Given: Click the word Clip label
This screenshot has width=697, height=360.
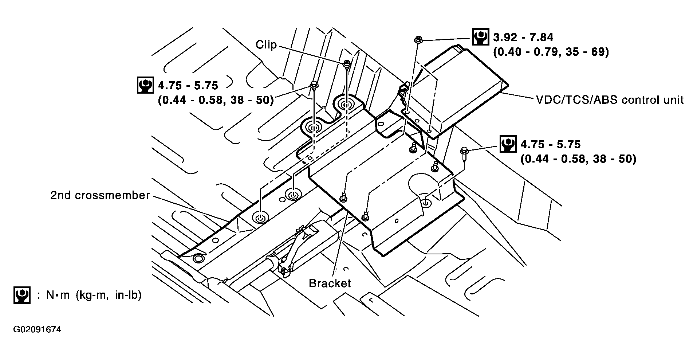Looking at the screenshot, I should coord(266,45).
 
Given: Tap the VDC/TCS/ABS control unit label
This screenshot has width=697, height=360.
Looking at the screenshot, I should coord(610,100).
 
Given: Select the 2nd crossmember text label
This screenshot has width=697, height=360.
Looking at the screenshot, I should coord(100,196).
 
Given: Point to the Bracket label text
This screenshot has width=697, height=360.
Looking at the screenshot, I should coord(330,283).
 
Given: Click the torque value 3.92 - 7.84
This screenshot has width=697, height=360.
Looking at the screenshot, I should coord(523,38).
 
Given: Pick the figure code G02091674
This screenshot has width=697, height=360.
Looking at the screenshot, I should coord(37,330).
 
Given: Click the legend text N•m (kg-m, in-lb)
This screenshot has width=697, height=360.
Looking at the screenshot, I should coord(94,295).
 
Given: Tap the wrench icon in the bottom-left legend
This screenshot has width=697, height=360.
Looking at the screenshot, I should coord(22,295).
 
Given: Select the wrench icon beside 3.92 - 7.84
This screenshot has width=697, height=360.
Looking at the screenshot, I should coord(481,37).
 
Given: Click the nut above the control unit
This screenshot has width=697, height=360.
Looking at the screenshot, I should coord(418,39).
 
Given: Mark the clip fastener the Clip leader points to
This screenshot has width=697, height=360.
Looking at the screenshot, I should coord(347,64).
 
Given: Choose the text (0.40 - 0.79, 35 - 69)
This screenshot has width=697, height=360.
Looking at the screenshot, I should coord(551,52).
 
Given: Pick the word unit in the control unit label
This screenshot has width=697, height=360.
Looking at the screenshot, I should coord(674,100).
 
